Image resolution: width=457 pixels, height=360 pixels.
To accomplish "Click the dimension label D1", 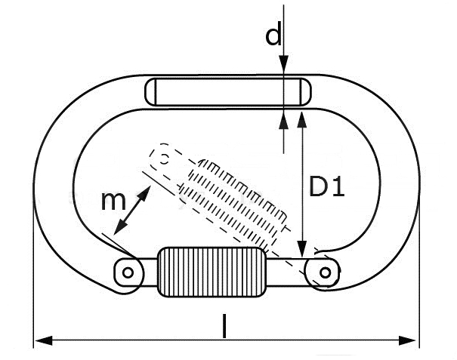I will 327,186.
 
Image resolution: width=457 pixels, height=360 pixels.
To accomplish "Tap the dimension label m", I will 113,201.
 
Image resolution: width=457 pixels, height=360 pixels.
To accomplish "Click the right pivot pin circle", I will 326,271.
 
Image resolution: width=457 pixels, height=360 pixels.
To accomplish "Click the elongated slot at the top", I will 227,93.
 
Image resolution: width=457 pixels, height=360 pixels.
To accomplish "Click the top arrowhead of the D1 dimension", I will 302,116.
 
